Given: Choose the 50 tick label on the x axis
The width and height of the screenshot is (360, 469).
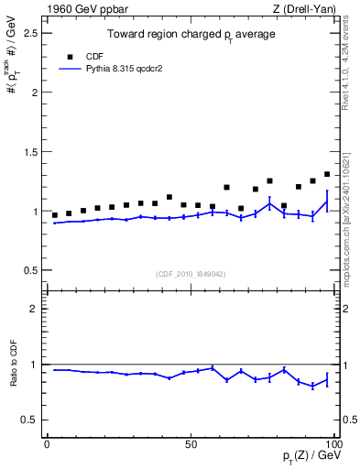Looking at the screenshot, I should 191,443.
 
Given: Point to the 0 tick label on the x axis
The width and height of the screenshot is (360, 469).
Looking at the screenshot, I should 47,443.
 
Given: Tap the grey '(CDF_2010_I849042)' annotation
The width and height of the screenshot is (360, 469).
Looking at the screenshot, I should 190,273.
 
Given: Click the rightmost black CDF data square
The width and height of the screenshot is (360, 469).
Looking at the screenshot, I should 327,174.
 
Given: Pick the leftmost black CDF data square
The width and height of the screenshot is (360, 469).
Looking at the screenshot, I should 54,215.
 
